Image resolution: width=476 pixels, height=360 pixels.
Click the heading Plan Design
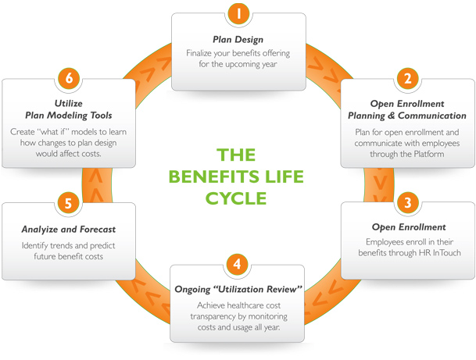[x=237, y=39]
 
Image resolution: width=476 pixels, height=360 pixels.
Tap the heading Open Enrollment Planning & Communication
[x=407, y=109]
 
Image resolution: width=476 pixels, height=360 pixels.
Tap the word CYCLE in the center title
[x=237, y=198]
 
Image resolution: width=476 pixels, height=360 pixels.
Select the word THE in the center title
[x=237, y=154]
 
